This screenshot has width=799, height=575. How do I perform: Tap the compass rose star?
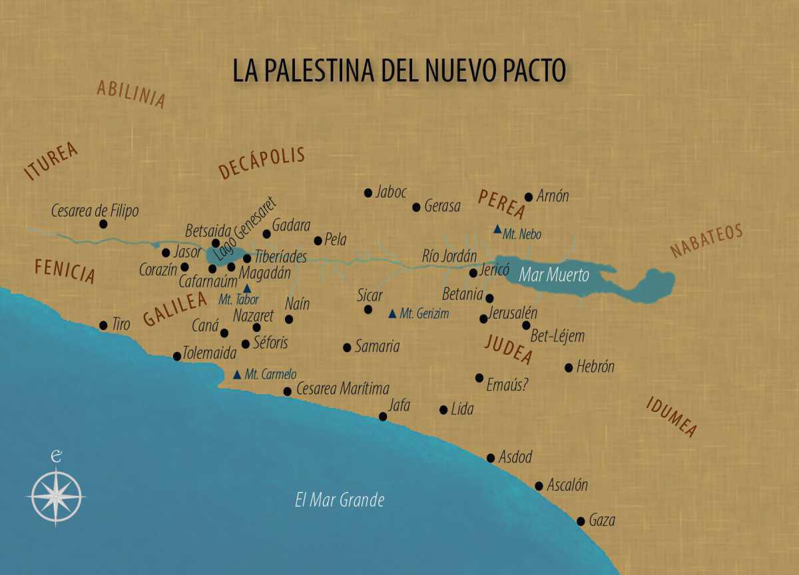coord(57,496)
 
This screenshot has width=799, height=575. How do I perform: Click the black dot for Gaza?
coord(581,521)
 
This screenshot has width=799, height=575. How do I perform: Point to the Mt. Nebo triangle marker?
coord(497,230)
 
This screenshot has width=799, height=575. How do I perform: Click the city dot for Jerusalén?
coord(483,319)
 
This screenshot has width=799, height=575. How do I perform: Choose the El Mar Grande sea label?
coord(340,500)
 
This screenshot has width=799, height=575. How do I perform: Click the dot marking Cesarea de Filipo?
coord(103,224)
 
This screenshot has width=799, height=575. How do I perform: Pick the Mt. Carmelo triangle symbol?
coord(237,375)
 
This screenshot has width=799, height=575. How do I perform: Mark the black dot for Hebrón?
coord(569,367)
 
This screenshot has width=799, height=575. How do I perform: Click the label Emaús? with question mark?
coord(507,383)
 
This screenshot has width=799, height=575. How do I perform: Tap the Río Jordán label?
coord(450,256)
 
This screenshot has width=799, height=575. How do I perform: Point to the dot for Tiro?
coord(103,325)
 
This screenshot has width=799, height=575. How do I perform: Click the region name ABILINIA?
coord(131,94)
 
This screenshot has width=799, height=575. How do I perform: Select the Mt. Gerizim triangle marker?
coord(392,313)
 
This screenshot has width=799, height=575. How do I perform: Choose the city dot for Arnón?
coord(529,197)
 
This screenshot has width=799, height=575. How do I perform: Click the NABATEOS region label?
coord(706,241)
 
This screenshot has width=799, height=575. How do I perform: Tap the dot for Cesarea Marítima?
coord(287,391)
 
